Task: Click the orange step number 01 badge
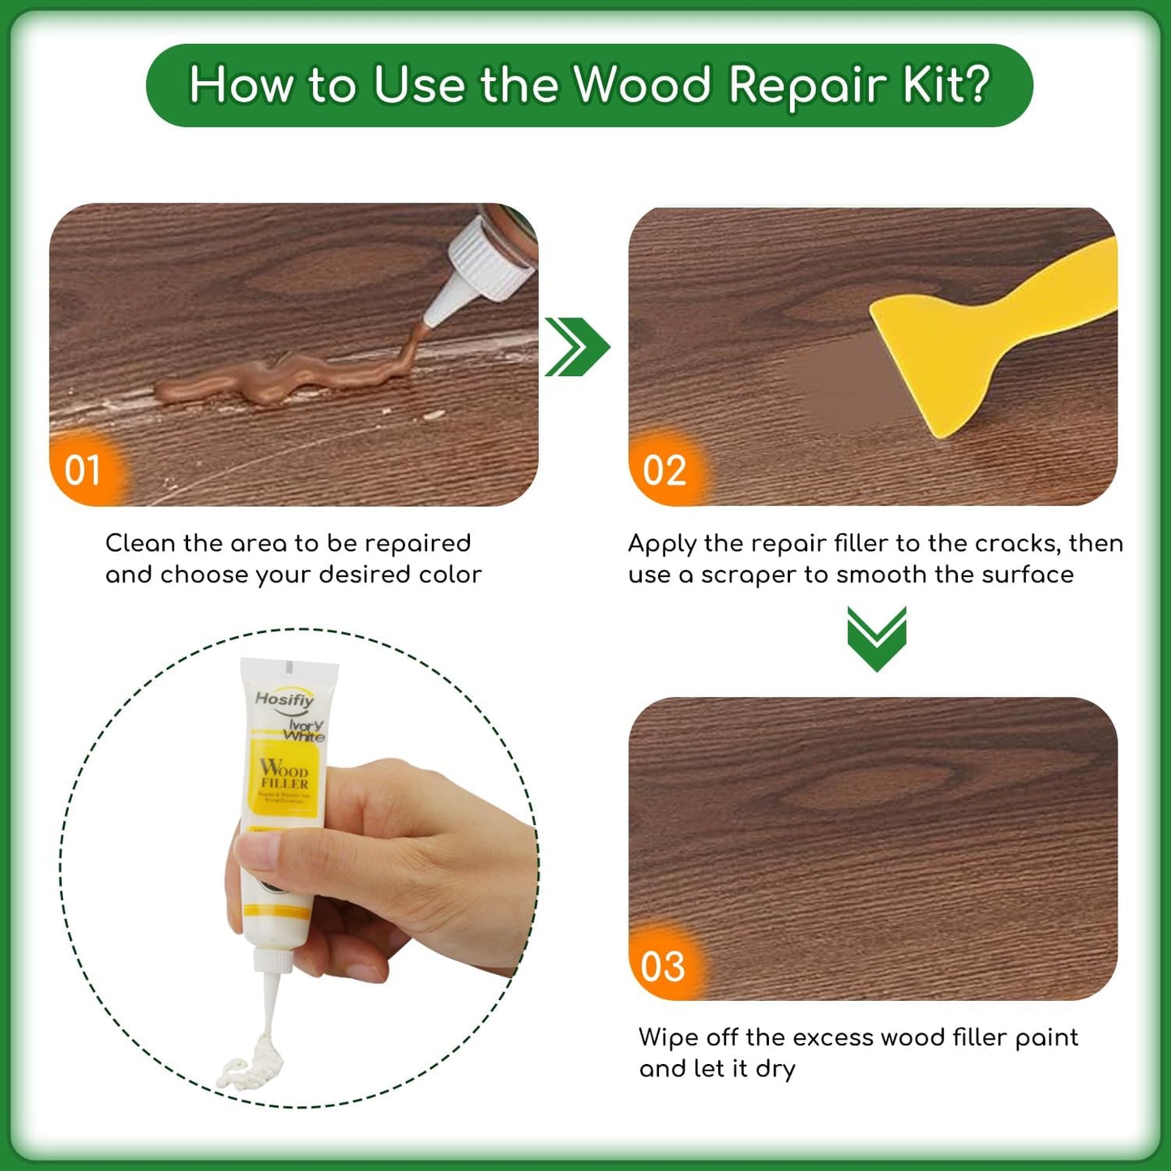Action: click(x=83, y=470)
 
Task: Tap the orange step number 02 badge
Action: click(x=665, y=471)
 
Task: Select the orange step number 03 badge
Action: click(x=663, y=966)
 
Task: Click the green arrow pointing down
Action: click(x=876, y=638)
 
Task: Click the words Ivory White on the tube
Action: click(x=305, y=730)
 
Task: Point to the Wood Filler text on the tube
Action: click(x=284, y=774)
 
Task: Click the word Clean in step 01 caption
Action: click(x=139, y=543)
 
